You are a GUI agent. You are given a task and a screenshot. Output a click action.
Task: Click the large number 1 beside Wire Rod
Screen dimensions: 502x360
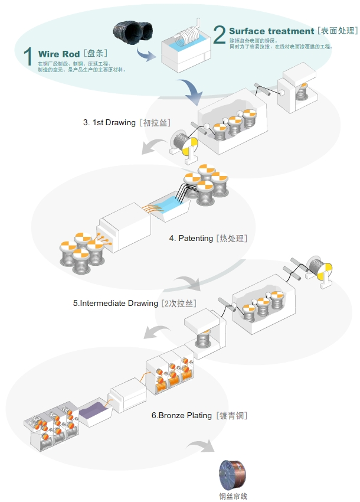pos(27,56)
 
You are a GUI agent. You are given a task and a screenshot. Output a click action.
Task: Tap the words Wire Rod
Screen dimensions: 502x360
pos(59,54)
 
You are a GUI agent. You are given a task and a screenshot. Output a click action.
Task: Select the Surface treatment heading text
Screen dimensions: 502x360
pos(271,31)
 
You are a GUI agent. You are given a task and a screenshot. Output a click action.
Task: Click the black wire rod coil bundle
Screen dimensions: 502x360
pos(131,33)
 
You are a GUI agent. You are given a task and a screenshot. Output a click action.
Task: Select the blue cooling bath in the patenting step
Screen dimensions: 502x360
pos(171,207)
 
